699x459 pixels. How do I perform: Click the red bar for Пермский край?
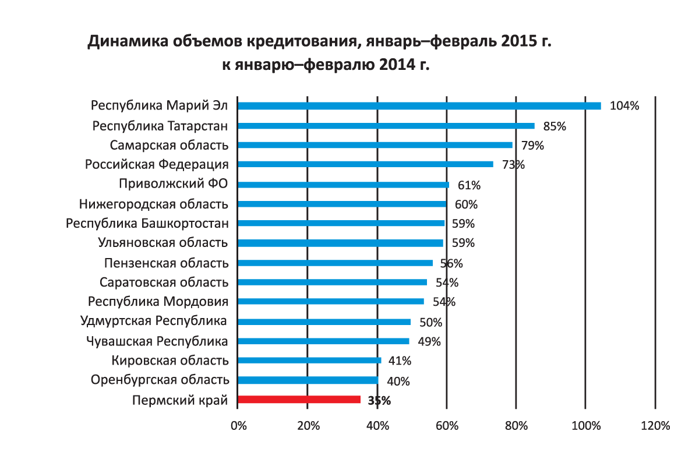point(299,400)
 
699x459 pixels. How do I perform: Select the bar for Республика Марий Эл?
point(419,106)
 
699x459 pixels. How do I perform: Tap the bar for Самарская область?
point(375,145)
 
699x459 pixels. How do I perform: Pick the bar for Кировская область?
point(309,361)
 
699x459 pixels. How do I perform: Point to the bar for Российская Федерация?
point(365,164)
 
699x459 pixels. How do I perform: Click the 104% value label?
point(624,106)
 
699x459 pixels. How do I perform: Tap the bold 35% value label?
point(379,401)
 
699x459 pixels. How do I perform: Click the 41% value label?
point(401,362)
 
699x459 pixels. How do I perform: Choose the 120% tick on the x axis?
point(655,426)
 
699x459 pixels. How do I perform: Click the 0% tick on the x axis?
point(238,426)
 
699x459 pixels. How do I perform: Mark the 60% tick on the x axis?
point(447,426)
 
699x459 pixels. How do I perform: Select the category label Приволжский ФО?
point(173,184)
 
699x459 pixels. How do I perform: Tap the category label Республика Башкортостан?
point(147,223)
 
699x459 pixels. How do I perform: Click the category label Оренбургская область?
point(160,380)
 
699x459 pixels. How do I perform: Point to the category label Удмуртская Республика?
point(154,321)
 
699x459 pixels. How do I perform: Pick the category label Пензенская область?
point(166,263)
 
